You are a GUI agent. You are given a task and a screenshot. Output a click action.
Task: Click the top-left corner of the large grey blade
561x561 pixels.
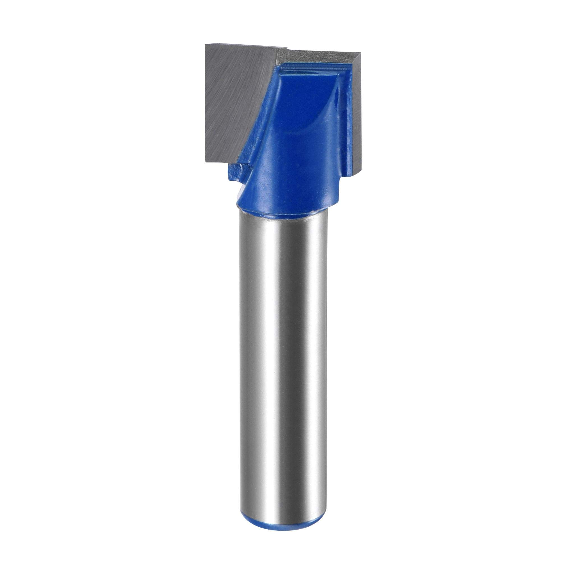point(206,45)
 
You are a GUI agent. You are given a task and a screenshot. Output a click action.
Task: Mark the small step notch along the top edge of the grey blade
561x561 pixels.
point(286,48)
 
